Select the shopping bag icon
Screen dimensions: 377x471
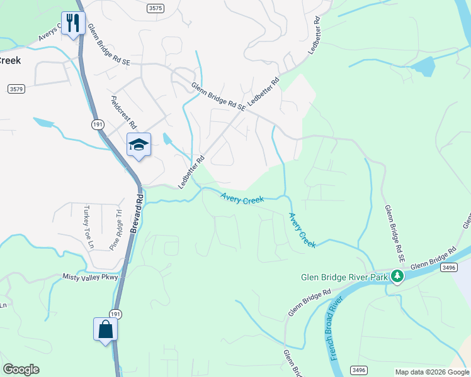point(105,329)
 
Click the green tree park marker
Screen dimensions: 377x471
point(397,276)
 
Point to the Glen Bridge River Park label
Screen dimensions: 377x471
point(344,276)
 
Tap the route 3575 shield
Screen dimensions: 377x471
point(156,8)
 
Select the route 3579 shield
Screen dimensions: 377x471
point(16,89)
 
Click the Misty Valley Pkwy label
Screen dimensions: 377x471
point(90,276)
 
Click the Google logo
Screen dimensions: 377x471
point(21,369)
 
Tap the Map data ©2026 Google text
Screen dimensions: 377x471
point(432,372)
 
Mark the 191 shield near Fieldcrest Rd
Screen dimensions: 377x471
point(97,124)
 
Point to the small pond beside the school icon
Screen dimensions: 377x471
point(167,139)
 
